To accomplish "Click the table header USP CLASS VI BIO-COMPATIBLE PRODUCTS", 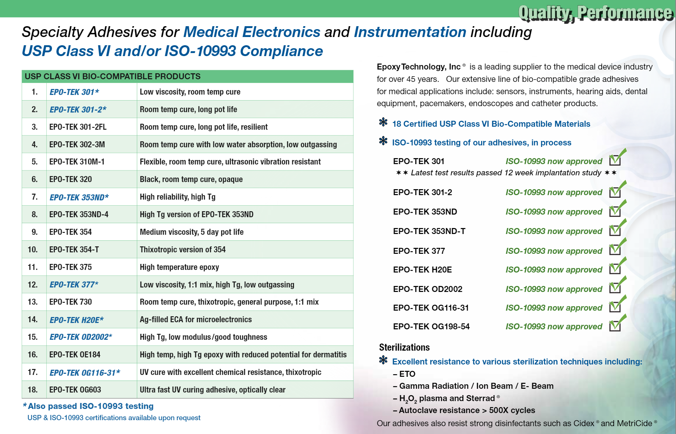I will click(x=113, y=76).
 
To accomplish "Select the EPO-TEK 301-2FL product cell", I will click(x=78, y=127).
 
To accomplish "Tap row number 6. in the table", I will click(x=34, y=179).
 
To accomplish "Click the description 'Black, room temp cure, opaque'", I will click(x=191, y=179).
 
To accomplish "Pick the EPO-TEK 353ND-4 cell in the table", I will click(x=79, y=215).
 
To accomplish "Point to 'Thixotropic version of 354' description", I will click(x=182, y=250).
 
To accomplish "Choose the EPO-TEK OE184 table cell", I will click(x=75, y=355).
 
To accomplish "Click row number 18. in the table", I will click(x=33, y=390).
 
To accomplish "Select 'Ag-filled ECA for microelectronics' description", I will click(x=196, y=320).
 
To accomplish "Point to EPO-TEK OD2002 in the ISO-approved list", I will click(x=428, y=289).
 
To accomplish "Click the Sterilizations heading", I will click(x=404, y=348).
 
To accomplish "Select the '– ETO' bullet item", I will click(x=404, y=374).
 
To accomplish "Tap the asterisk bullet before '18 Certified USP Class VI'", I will click(x=383, y=122).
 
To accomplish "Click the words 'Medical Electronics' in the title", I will click(x=252, y=32).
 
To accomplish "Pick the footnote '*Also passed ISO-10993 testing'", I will click(x=88, y=406).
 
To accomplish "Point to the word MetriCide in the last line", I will click(x=634, y=424).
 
